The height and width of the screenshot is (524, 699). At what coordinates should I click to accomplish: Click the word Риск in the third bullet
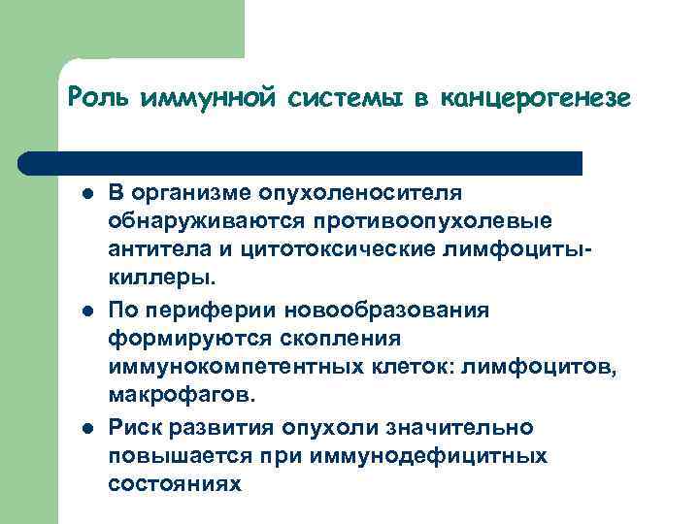(132, 428)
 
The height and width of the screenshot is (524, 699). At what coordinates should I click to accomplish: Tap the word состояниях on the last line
(173, 484)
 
